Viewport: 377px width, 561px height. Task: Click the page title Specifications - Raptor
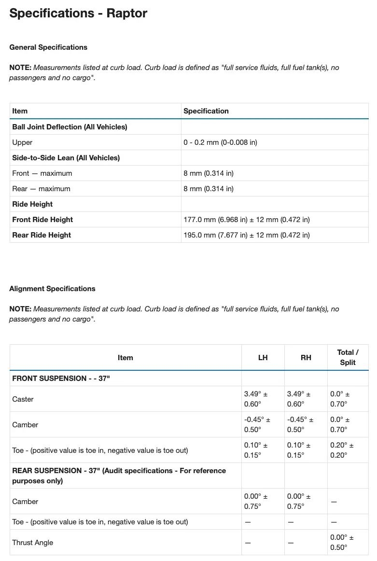(x=78, y=14)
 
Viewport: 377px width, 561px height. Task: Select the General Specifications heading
(x=48, y=47)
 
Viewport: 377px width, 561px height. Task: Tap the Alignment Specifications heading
(x=52, y=289)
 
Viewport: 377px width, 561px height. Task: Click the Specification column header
(x=206, y=111)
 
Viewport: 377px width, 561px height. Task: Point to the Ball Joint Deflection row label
(x=70, y=127)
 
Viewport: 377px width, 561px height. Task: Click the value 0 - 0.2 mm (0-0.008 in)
(x=220, y=142)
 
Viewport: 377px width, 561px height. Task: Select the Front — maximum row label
(x=42, y=173)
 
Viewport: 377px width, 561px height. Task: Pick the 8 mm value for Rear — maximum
(x=209, y=189)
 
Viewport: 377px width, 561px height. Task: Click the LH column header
(x=263, y=358)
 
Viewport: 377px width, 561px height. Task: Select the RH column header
(x=306, y=358)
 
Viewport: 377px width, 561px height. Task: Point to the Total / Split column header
(x=348, y=358)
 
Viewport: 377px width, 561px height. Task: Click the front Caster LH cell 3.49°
(x=256, y=399)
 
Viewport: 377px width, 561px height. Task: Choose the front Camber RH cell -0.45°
(x=299, y=425)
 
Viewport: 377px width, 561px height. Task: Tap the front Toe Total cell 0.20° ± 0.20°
(x=342, y=450)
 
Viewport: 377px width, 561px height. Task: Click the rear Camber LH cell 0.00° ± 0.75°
(x=256, y=502)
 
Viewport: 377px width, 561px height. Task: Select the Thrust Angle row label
(x=33, y=543)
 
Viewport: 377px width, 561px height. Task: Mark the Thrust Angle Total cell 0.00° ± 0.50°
(x=342, y=543)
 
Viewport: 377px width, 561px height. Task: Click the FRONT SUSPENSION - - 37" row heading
(x=61, y=379)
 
